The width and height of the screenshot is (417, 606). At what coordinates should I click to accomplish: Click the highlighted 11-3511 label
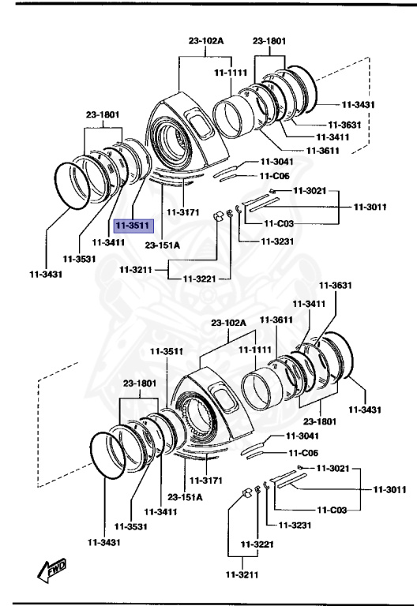click(133, 224)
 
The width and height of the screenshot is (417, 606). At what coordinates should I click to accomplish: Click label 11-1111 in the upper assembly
click(231, 73)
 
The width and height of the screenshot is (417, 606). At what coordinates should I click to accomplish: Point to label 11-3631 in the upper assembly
click(344, 124)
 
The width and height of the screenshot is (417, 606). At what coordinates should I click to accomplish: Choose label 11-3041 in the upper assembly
click(276, 162)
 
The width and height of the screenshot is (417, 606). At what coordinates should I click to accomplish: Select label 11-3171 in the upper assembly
click(183, 213)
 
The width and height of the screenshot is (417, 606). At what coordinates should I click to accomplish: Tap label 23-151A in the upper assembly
click(163, 245)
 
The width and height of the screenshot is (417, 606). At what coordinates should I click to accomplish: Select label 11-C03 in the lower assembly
click(332, 511)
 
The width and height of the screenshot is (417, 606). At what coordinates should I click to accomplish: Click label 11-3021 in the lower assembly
click(332, 469)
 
